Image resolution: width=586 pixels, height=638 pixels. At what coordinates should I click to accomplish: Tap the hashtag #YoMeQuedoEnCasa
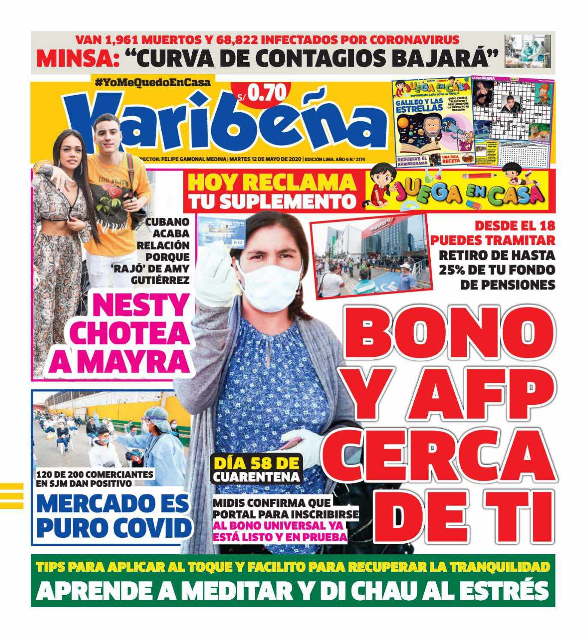click(x=152, y=82)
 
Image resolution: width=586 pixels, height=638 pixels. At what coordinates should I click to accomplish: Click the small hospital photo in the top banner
click(x=527, y=51)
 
